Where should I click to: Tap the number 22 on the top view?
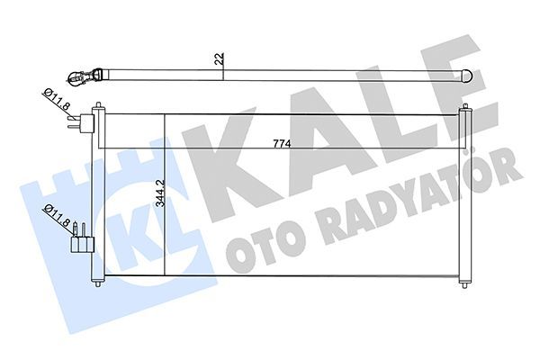(220, 61)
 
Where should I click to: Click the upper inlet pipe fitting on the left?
(87, 124)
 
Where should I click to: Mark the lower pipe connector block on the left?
(84, 241)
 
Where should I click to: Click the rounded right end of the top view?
(468, 75)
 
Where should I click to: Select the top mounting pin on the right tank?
(464, 108)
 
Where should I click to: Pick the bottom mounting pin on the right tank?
(463, 283)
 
